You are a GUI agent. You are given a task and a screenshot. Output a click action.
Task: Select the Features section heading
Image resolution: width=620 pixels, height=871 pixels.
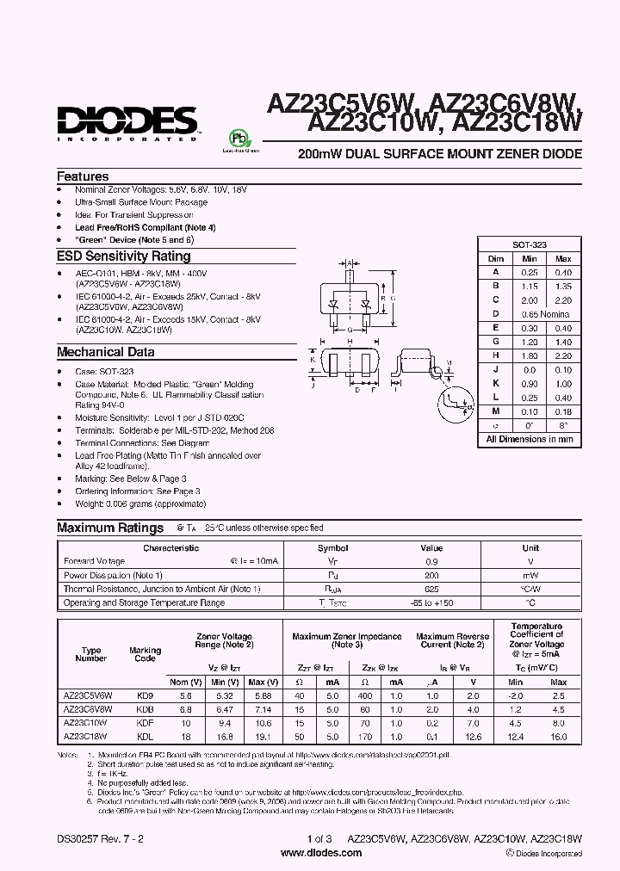pyautogui.click(x=83, y=176)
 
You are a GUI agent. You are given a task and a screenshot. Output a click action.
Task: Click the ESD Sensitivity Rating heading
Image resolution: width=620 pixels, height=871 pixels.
pyautogui.click(x=124, y=256)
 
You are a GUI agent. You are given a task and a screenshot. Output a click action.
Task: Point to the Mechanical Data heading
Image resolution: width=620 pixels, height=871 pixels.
pyautogui.click(x=106, y=352)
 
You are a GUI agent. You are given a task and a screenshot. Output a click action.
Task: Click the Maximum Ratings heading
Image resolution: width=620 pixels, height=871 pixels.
pyautogui.click(x=110, y=528)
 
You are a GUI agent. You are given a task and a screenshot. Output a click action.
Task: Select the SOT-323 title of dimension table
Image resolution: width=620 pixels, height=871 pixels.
pyautogui.click(x=530, y=245)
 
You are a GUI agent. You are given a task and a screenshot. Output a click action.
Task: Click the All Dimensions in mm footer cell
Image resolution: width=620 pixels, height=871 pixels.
pyautogui.click(x=530, y=439)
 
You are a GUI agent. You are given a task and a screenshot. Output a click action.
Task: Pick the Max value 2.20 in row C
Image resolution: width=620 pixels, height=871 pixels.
pyautogui.click(x=563, y=300)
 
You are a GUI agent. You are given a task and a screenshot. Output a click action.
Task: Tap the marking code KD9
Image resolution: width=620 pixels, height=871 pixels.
pyautogui.click(x=145, y=695)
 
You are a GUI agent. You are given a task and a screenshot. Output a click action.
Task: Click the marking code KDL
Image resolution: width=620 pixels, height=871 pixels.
pyautogui.click(x=145, y=736)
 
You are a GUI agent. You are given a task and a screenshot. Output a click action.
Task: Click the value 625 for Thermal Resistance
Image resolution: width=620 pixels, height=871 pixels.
pyautogui.click(x=431, y=589)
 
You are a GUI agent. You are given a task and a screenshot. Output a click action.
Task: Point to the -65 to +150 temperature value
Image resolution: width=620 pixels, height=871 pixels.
pyautogui.click(x=431, y=602)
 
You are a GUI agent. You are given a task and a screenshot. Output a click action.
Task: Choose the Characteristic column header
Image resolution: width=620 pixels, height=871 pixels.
pyautogui.click(x=170, y=547)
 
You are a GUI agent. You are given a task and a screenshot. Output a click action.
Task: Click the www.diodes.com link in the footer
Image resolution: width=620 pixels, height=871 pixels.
pyautogui.click(x=310, y=852)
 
